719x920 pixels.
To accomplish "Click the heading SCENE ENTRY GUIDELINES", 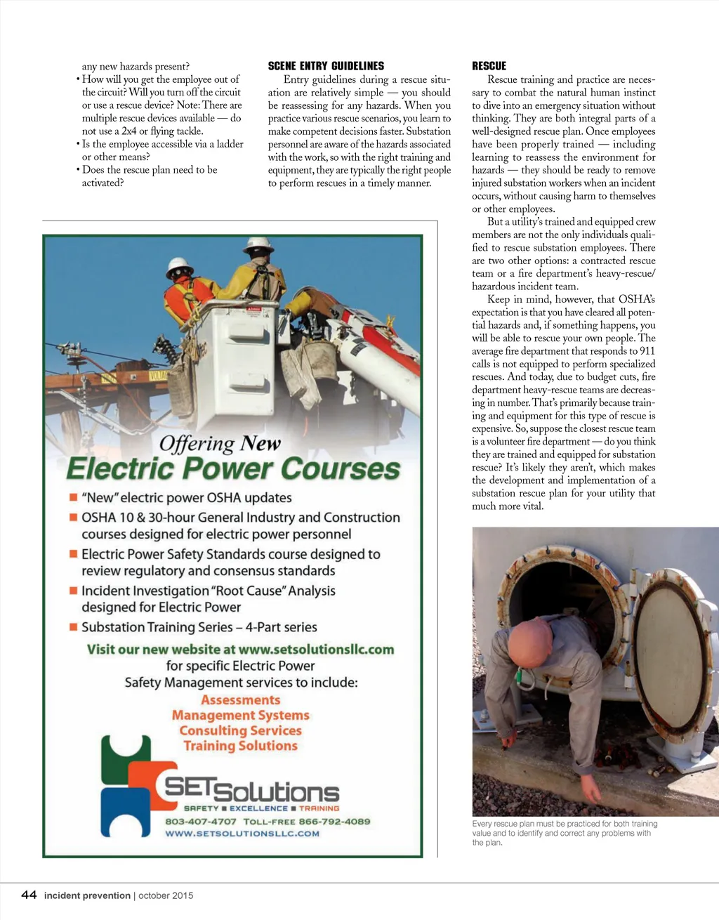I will click(x=326, y=66).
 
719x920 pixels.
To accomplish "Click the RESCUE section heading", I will click(x=489, y=66).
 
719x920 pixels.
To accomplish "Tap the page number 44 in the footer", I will click(x=29, y=895).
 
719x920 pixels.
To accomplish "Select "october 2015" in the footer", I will click(x=166, y=895).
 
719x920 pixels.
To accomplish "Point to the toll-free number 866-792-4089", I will click(x=334, y=821).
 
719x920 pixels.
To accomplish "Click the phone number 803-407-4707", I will click(x=201, y=821).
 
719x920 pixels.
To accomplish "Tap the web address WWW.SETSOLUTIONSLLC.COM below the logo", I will click(x=242, y=834).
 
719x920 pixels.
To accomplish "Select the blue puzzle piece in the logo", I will click(x=126, y=811).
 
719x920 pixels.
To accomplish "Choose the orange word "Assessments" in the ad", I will click(x=240, y=700).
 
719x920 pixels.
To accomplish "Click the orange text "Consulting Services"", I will click(x=240, y=730).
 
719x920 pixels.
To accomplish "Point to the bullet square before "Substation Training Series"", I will click(x=72, y=627).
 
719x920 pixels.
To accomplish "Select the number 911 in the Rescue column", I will click(x=647, y=351).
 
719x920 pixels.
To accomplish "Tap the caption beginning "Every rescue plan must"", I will click(x=565, y=833).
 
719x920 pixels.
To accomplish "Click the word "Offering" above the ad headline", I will click(x=196, y=443).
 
